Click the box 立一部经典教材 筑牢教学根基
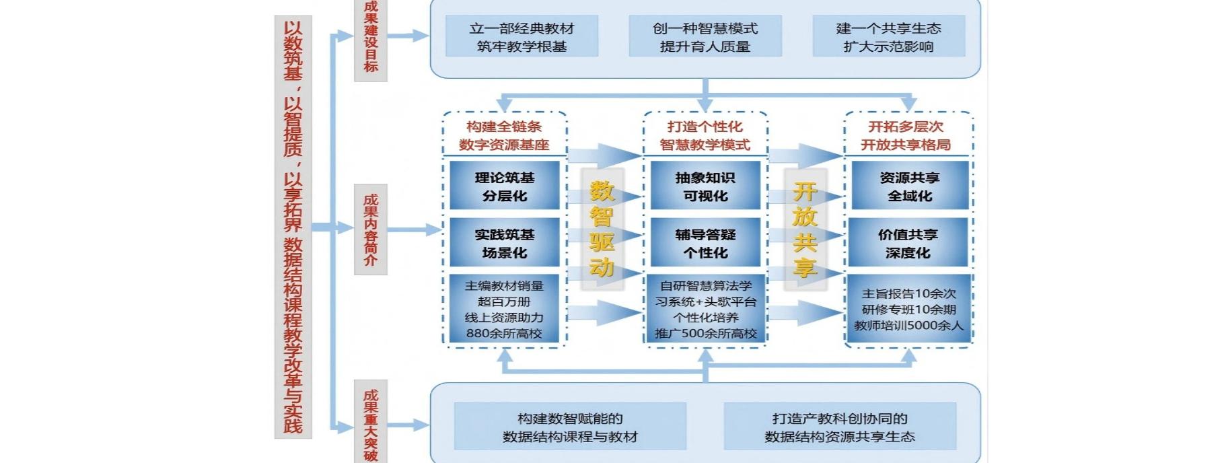pos(522,37)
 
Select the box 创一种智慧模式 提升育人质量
pos(705,37)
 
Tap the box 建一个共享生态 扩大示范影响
pos(888,37)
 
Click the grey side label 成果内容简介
pos(371,229)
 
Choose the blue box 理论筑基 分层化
pos(504,186)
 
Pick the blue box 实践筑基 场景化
pos(504,243)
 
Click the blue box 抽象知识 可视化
pos(705,186)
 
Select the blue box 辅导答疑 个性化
pos(705,243)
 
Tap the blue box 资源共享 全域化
pos(909,186)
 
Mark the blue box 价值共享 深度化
pos(908,243)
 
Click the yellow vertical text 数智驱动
pos(602,229)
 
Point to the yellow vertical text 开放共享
pos(805,229)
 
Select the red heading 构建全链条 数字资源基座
pos(504,135)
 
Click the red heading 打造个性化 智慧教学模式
pos(705,135)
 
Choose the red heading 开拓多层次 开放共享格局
pos(906,135)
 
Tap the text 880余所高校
pos(504,333)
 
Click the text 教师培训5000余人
pos(908,326)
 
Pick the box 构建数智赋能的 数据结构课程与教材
pos(570,427)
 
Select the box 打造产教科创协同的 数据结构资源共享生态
pos(840,427)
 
